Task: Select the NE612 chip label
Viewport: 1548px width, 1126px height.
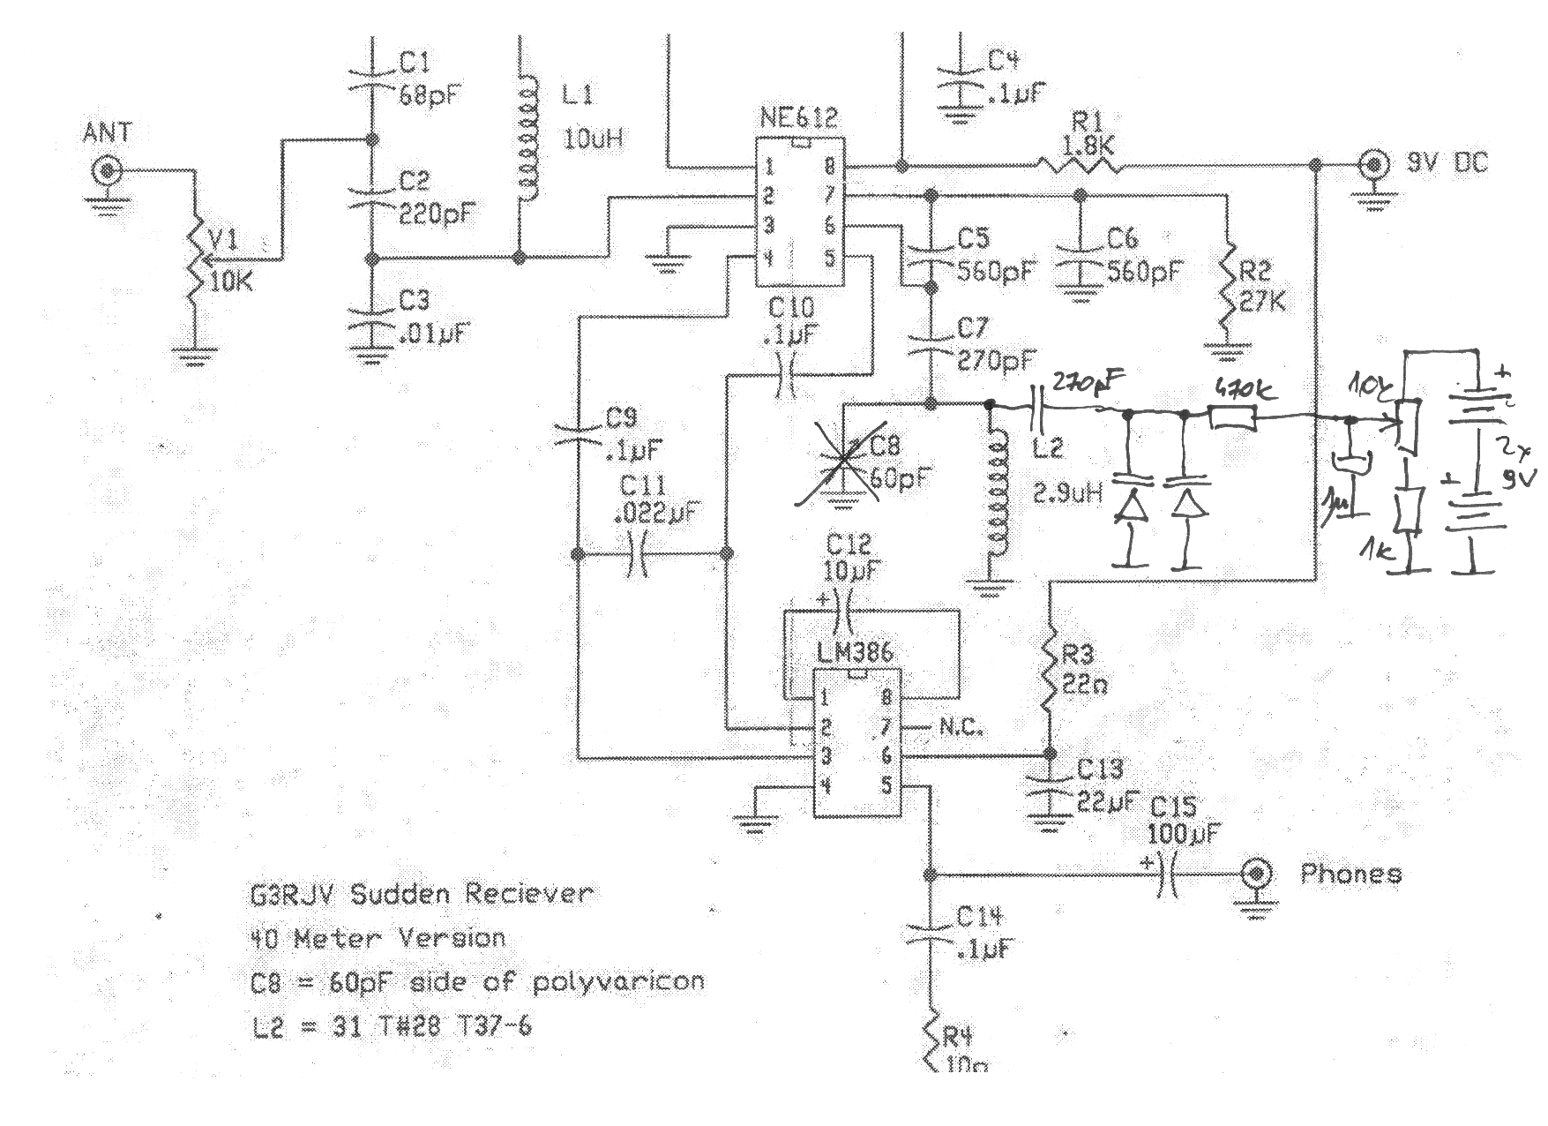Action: click(799, 118)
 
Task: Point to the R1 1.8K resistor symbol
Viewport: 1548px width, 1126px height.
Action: click(1078, 164)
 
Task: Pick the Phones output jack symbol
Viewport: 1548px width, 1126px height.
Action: click(1256, 875)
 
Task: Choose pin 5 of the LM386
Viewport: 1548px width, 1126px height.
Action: click(886, 784)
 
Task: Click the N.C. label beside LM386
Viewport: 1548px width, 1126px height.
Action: click(961, 729)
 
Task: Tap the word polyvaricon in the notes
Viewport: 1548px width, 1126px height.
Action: click(617, 982)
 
